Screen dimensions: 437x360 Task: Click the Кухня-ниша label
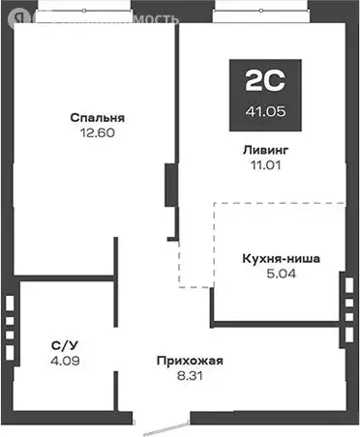point(282,258)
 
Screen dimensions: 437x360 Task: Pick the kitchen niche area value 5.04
point(281,274)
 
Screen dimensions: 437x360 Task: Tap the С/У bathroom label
point(64,345)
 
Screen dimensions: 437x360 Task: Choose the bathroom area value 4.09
point(64,361)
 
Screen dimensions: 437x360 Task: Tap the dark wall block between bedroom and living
point(170,184)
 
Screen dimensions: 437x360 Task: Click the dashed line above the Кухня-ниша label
point(281,203)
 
